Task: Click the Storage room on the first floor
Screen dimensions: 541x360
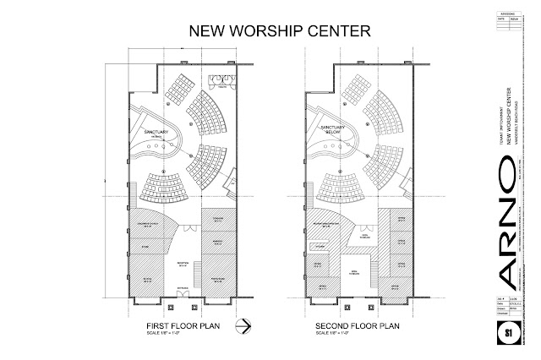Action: point(145,248)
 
